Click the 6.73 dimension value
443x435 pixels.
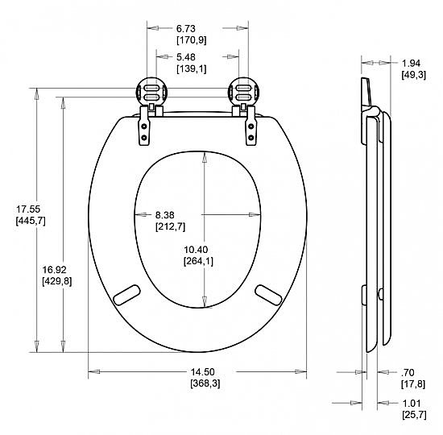point(186,28)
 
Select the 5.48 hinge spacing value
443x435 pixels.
point(186,57)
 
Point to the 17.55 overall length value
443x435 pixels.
point(28,209)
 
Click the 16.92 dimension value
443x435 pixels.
point(55,270)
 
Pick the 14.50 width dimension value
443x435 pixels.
point(202,372)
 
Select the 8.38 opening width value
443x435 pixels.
point(164,215)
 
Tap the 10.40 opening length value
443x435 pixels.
point(196,250)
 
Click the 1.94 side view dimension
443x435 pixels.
point(411,64)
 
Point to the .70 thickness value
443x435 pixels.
point(408,373)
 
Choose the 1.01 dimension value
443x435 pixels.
point(412,404)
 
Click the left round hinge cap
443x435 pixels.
point(152,93)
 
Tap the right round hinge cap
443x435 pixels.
point(243,93)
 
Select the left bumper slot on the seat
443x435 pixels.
point(126,295)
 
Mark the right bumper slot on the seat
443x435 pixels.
point(268,295)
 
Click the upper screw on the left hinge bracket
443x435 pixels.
point(144,126)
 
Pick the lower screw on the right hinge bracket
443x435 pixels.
point(250,138)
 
